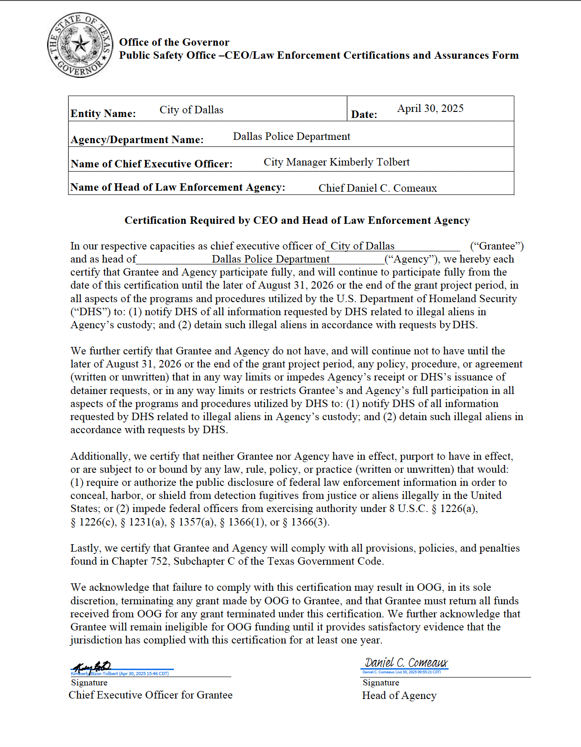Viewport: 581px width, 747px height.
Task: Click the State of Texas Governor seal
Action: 80,45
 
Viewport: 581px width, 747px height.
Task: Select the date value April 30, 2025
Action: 430,109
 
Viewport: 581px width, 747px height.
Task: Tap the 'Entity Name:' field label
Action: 103,114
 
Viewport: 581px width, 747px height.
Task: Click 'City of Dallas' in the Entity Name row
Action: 191,110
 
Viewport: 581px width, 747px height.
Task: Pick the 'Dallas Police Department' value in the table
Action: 291,137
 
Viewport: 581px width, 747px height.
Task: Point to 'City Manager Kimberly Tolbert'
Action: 336,162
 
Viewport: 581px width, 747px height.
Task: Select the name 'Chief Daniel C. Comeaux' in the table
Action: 377,188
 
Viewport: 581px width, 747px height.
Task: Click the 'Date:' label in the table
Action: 364,115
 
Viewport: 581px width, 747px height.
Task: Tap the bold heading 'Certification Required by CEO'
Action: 297,221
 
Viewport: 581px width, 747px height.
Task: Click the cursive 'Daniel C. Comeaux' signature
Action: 406,663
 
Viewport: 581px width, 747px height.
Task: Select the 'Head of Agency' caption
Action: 399,696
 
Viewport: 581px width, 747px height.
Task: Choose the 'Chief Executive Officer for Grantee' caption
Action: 151,695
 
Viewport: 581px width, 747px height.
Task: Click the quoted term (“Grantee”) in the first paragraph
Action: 497,246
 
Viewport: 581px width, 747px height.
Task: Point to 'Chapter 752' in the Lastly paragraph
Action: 139,561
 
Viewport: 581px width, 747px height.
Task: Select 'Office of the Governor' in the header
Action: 174,42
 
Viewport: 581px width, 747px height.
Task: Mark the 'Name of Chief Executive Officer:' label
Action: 152,164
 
